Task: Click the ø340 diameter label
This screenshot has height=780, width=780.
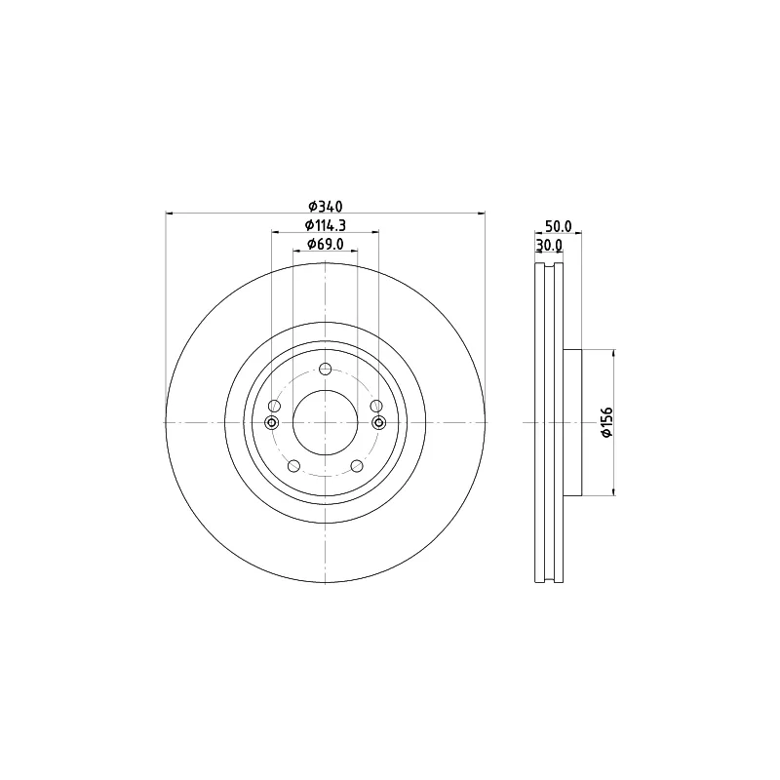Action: pyautogui.click(x=326, y=206)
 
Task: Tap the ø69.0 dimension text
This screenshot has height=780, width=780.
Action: pyautogui.click(x=326, y=244)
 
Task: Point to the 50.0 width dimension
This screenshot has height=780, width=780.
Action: pyautogui.click(x=558, y=225)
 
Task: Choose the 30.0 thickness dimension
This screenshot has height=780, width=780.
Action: pyautogui.click(x=550, y=245)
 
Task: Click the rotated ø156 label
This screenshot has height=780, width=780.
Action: pyautogui.click(x=605, y=422)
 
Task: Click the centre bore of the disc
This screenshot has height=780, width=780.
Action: pyautogui.click(x=326, y=422)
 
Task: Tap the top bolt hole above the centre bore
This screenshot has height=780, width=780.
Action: pyautogui.click(x=326, y=369)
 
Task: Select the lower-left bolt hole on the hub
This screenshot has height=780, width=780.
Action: pyautogui.click(x=293, y=467)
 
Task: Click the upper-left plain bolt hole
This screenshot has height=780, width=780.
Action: pyautogui.click(x=274, y=406)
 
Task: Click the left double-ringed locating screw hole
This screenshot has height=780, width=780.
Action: pyautogui.click(x=272, y=422)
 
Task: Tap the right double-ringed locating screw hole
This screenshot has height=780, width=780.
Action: pyautogui.click(x=379, y=422)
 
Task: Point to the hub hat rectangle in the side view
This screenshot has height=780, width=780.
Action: pyautogui.click(x=572, y=422)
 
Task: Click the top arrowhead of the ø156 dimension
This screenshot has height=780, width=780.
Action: pyautogui.click(x=613, y=354)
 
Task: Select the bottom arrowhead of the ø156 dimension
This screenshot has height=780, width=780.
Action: pyautogui.click(x=613, y=490)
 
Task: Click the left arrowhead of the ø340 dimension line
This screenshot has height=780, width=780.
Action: pyautogui.click(x=170, y=213)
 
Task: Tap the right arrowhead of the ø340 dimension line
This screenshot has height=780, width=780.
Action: pyautogui.click(x=482, y=213)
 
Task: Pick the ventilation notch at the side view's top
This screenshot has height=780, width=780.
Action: pyautogui.click(x=550, y=265)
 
